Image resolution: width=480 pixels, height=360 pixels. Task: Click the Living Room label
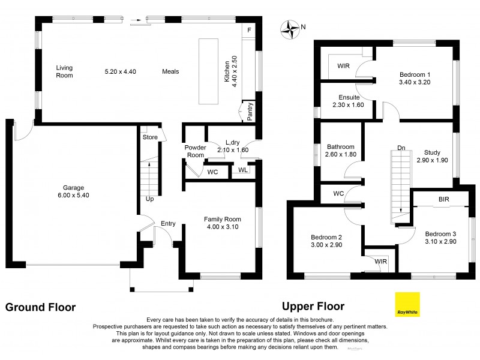[x=64, y=71]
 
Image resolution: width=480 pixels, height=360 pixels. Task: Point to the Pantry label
[x=250, y=110]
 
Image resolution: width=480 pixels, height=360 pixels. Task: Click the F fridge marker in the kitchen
[x=250, y=29]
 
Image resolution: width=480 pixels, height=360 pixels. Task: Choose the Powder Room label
[x=195, y=151]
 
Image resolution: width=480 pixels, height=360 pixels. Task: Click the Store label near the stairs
[x=150, y=137]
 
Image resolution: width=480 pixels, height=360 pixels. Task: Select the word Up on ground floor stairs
[x=149, y=199]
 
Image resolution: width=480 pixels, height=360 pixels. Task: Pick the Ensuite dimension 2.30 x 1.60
[x=348, y=104]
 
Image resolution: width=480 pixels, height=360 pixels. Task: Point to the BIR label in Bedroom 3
[x=444, y=199]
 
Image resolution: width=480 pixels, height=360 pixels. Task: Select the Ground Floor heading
[x=41, y=307]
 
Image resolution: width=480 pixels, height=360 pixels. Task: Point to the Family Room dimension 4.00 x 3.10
[x=221, y=227]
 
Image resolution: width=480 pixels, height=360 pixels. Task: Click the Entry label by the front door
[x=168, y=224]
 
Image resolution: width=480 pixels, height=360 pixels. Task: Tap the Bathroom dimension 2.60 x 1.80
[x=340, y=154]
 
